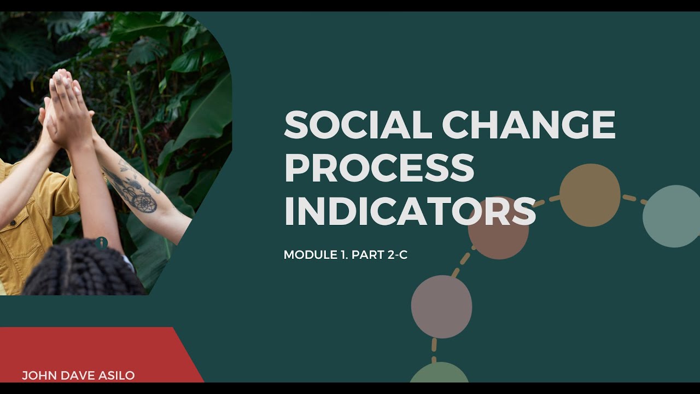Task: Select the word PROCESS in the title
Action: point(379,168)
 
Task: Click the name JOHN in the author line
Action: point(37,375)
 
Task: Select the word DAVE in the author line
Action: point(75,375)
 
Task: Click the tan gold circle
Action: point(590,195)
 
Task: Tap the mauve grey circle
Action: point(441,306)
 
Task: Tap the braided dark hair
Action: point(82,271)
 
